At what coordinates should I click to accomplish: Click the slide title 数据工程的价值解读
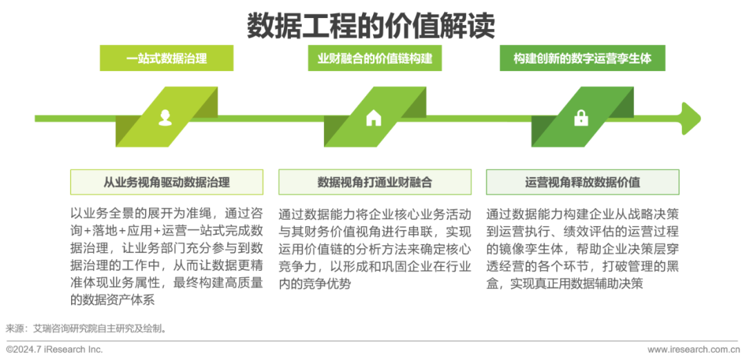pos(371,26)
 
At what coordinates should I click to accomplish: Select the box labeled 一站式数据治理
pos(166,58)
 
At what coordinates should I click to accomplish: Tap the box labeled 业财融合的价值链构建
pos(374,58)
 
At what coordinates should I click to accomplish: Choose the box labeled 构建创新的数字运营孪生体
pos(582,58)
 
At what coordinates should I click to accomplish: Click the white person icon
pos(166,117)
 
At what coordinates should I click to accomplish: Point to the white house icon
pos(374,117)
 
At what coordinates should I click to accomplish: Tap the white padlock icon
pos(581,118)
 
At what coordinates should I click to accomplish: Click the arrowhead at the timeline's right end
pos(691,118)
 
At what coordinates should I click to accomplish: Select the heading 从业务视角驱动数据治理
pos(166,182)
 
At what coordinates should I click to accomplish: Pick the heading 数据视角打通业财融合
pos(374,182)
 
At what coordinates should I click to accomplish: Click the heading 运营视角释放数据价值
pos(582,182)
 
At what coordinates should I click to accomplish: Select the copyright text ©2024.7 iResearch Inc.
pos(54,350)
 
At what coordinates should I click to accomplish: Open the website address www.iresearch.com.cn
pos(691,350)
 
